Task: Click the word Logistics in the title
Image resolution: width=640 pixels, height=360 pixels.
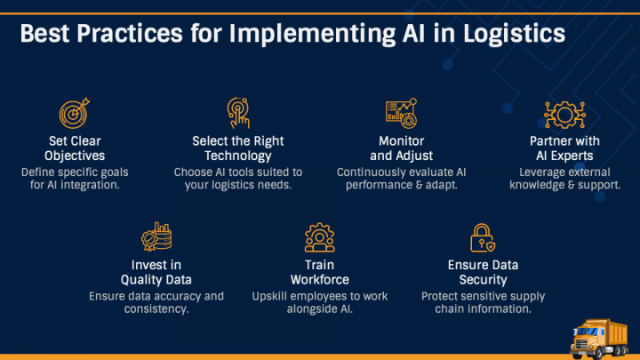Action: pyautogui.click(x=514, y=35)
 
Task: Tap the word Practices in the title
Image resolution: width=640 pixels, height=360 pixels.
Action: pyautogui.click(x=130, y=33)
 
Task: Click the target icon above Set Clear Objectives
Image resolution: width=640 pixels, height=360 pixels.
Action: pyautogui.click(x=75, y=113)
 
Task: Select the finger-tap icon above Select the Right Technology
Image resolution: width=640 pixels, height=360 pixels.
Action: pyautogui.click(x=238, y=113)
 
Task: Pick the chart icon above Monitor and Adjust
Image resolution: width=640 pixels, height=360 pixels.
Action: pyautogui.click(x=401, y=113)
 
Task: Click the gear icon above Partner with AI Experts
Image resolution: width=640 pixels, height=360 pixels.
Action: pyautogui.click(x=565, y=115)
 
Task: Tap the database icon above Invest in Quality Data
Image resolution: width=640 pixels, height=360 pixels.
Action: pyautogui.click(x=156, y=236)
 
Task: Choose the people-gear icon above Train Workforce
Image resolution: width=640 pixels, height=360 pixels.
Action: pyautogui.click(x=320, y=237)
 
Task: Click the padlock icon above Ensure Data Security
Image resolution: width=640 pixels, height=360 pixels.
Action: pyautogui.click(x=483, y=237)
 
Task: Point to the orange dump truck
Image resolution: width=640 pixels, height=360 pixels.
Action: pyautogui.click(x=599, y=339)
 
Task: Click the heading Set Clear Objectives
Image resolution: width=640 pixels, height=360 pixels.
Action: pyautogui.click(x=75, y=148)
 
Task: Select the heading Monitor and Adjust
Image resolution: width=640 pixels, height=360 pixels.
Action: pyautogui.click(x=401, y=148)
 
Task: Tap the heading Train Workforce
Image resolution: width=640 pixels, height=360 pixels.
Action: pyautogui.click(x=320, y=272)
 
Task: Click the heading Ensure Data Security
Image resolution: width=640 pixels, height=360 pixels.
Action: pyautogui.click(x=483, y=272)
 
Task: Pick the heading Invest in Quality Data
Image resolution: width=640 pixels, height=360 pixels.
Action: pyautogui.click(x=156, y=272)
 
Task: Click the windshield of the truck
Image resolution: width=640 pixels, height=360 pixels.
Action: pyautogui.click(x=587, y=331)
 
